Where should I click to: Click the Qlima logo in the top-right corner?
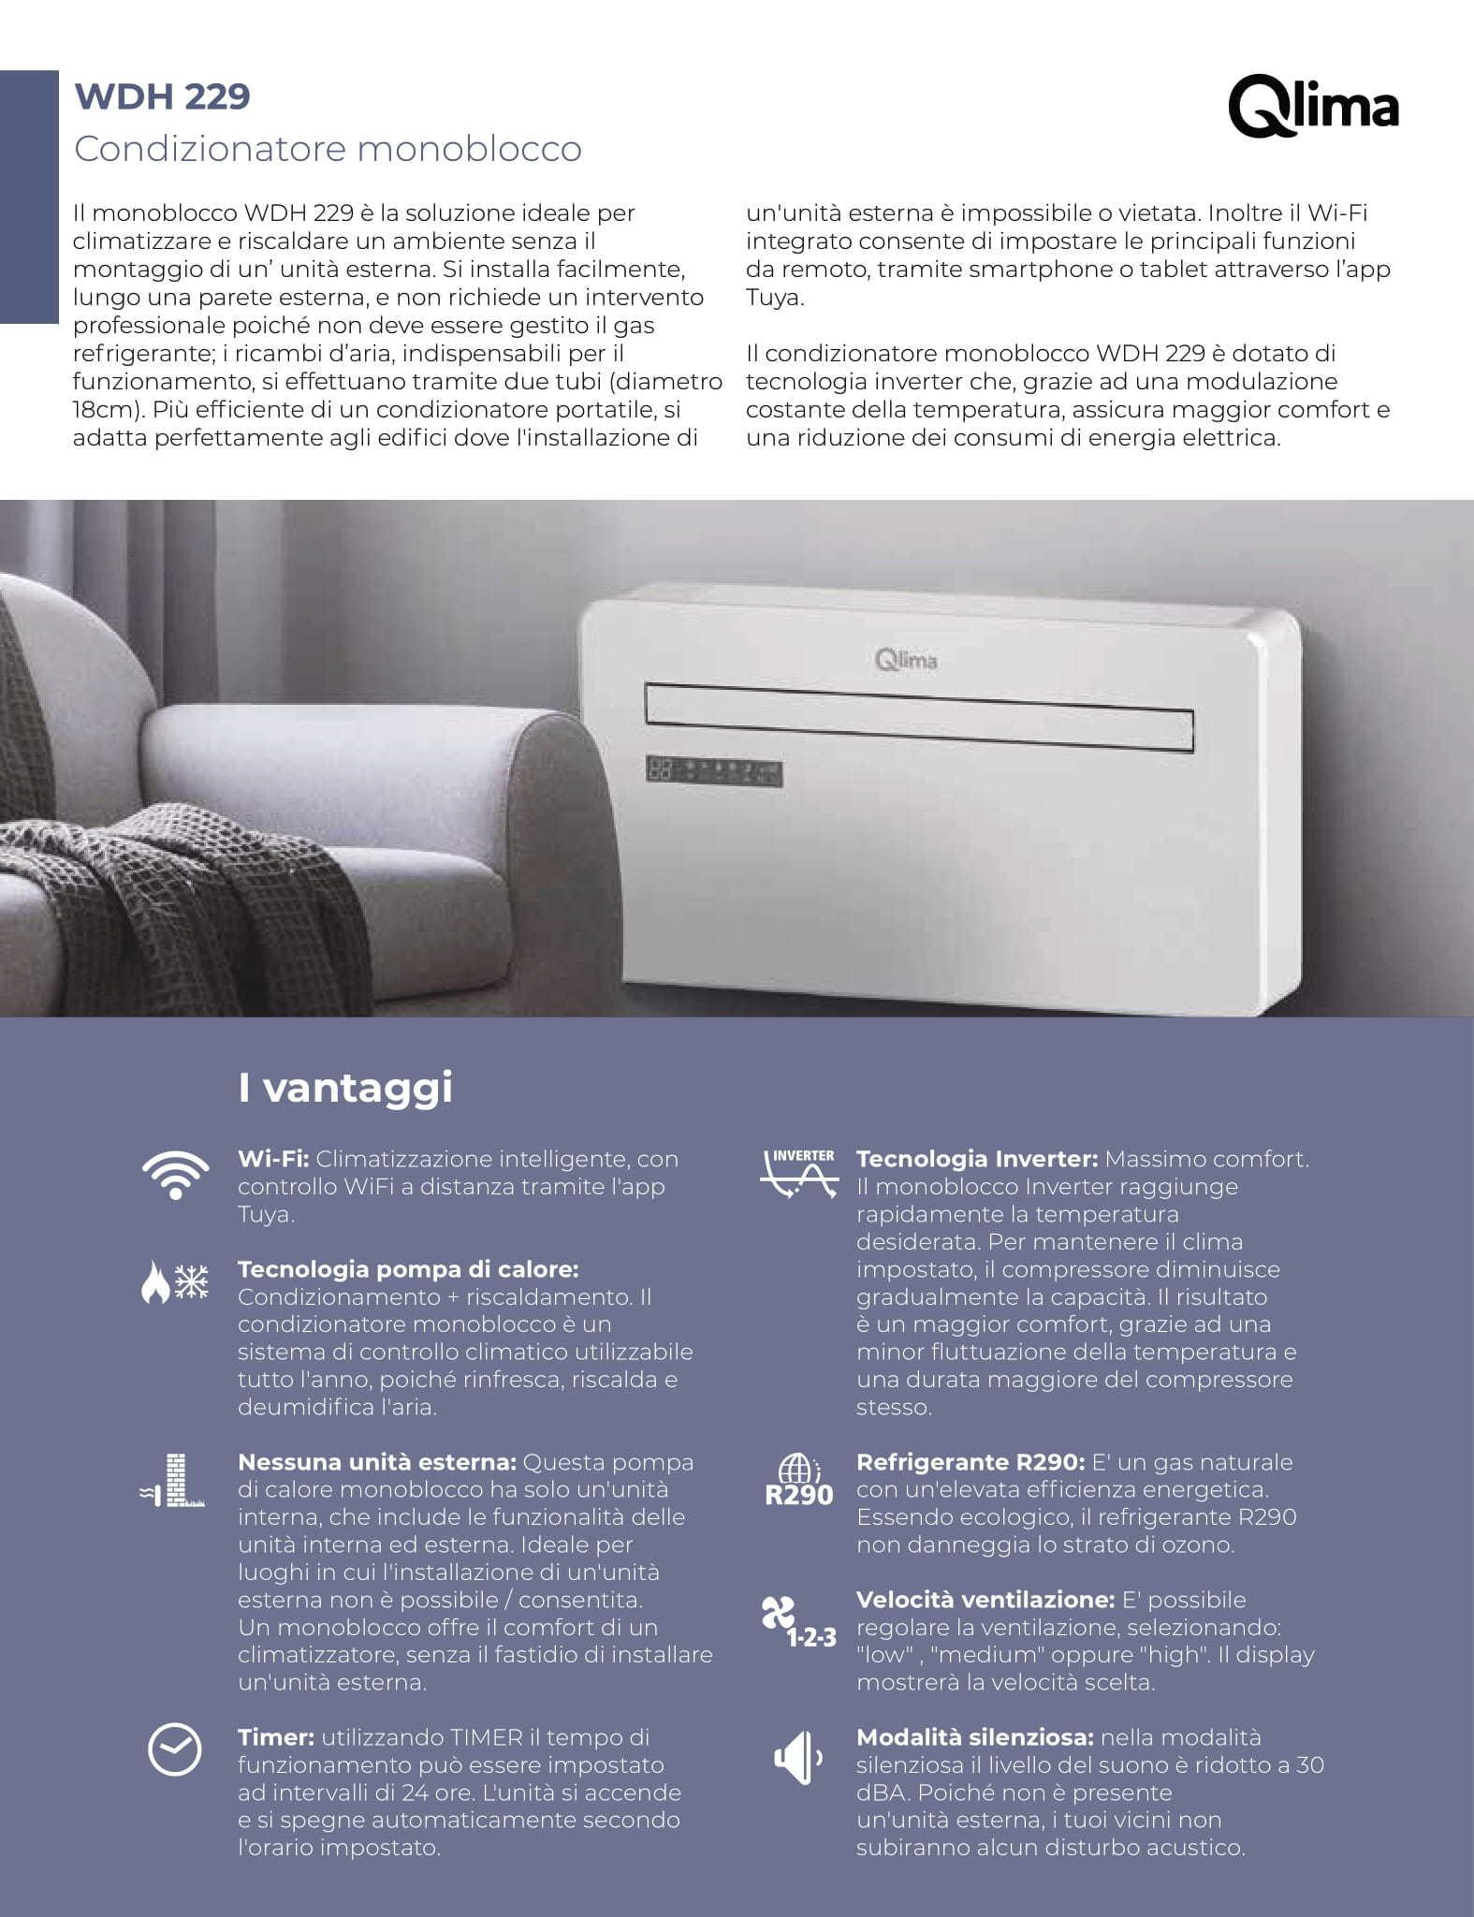point(1312,107)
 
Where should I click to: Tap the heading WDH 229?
point(162,96)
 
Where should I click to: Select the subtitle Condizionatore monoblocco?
point(328,149)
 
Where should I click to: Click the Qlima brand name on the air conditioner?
point(905,660)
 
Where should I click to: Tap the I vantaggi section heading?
point(345,1088)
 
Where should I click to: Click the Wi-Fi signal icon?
point(175,1174)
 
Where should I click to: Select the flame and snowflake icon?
point(175,1281)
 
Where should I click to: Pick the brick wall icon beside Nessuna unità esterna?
point(173,1481)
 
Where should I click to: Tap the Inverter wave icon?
point(798,1174)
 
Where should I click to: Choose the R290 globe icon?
point(798,1481)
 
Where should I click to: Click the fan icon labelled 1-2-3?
point(796,1622)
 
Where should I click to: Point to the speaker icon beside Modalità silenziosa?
point(797,1758)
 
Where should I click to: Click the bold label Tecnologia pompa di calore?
point(408,1269)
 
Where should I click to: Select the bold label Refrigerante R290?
point(970,1462)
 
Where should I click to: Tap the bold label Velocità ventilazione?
point(985,1600)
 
